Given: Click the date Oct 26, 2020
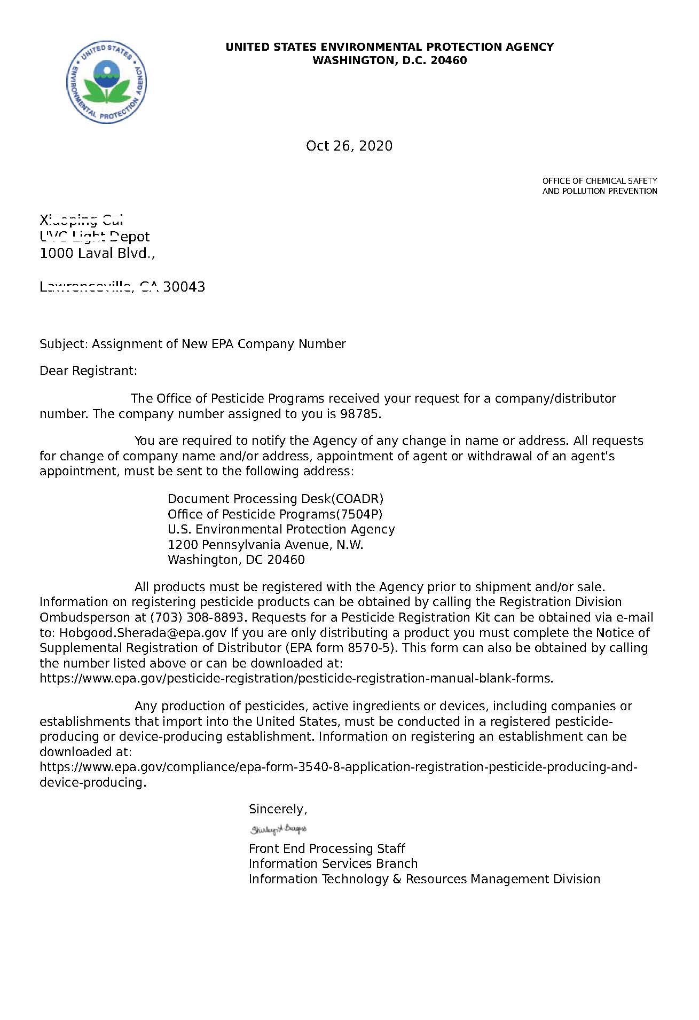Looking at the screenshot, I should pyautogui.click(x=349, y=146).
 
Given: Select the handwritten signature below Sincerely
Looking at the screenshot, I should pyautogui.click(x=278, y=829).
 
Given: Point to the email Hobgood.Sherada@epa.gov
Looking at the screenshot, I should pyautogui.click(x=143, y=633).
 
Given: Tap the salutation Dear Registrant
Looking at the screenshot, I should pyautogui.click(x=88, y=371).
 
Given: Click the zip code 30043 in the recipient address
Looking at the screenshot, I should pyautogui.click(x=184, y=287).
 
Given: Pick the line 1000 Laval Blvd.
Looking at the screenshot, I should pyautogui.click(x=97, y=253).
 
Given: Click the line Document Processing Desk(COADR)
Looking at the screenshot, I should pyautogui.click(x=275, y=499).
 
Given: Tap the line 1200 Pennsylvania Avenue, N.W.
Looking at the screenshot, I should pyautogui.click(x=265, y=545).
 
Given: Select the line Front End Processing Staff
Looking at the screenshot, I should pyautogui.click(x=327, y=849).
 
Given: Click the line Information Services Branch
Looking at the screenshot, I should pyautogui.click(x=333, y=864).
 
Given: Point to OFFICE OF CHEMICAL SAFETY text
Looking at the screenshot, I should pyautogui.click(x=599, y=181).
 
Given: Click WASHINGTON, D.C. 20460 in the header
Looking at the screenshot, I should pyautogui.click(x=389, y=60).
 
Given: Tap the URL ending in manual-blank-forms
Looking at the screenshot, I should pyautogui.click(x=296, y=678).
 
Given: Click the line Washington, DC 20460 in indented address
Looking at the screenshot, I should pyautogui.click(x=236, y=560).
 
